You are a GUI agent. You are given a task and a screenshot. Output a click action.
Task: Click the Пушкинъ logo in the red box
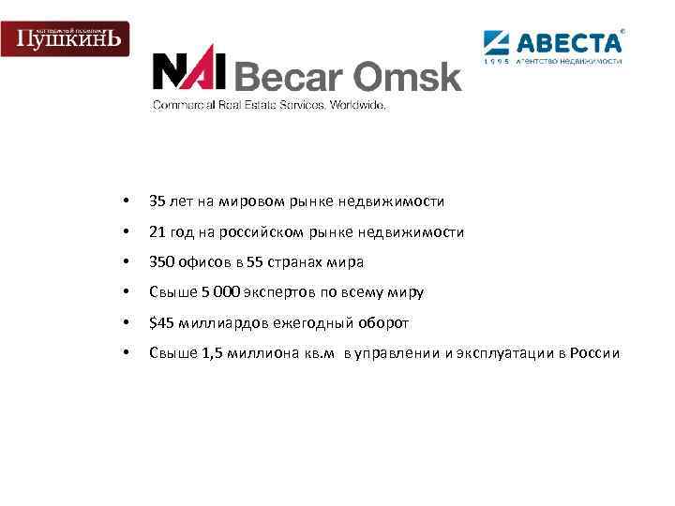click(65, 37)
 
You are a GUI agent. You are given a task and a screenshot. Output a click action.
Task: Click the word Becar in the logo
click(284, 75)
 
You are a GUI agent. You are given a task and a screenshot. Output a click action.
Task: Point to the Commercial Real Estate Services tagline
click(269, 106)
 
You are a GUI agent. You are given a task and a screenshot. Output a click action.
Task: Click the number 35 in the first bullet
click(157, 201)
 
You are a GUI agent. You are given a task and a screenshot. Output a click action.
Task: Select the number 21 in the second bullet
click(157, 232)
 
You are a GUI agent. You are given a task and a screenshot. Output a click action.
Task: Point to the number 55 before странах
click(256, 262)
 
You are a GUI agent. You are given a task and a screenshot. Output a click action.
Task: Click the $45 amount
click(160, 323)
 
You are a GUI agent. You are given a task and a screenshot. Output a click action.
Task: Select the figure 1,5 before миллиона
click(214, 353)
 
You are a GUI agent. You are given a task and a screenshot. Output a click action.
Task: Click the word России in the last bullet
click(594, 353)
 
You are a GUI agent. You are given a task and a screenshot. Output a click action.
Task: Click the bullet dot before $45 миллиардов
click(125, 323)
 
